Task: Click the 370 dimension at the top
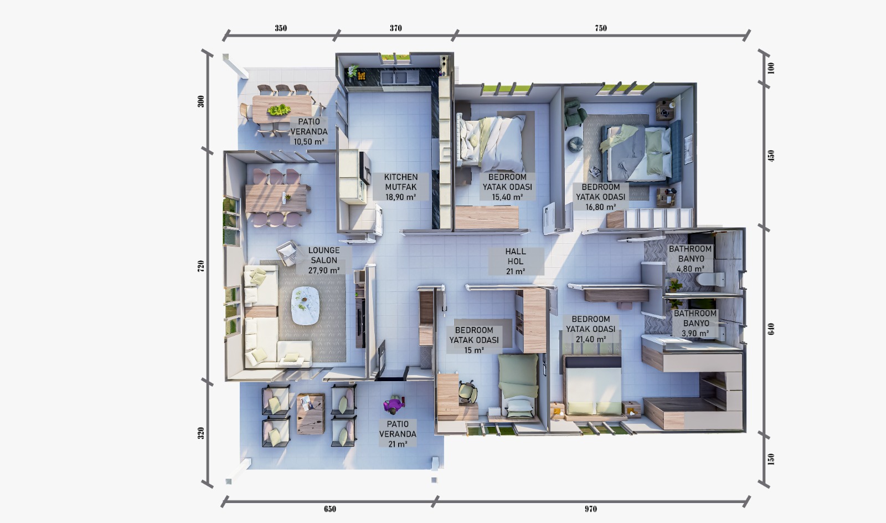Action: (x=395, y=28)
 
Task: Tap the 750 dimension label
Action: (x=601, y=28)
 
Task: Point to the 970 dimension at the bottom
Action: (x=591, y=509)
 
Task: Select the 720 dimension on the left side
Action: (x=201, y=266)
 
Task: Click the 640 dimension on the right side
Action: (x=771, y=329)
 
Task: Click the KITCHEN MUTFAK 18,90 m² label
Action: (x=401, y=187)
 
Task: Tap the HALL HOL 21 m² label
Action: (x=516, y=261)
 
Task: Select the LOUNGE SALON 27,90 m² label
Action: (x=324, y=260)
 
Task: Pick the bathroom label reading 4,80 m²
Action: (x=691, y=259)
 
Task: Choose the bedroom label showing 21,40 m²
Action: (x=591, y=329)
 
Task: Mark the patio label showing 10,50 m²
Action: (x=309, y=131)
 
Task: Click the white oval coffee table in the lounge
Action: (x=306, y=305)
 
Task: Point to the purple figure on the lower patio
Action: (x=393, y=406)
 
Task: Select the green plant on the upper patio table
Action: (x=279, y=110)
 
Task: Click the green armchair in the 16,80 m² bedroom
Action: (x=574, y=114)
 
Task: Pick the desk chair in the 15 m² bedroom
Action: (x=468, y=392)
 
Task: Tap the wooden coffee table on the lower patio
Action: (x=311, y=413)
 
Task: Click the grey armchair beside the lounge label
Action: (x=287, y=253)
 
